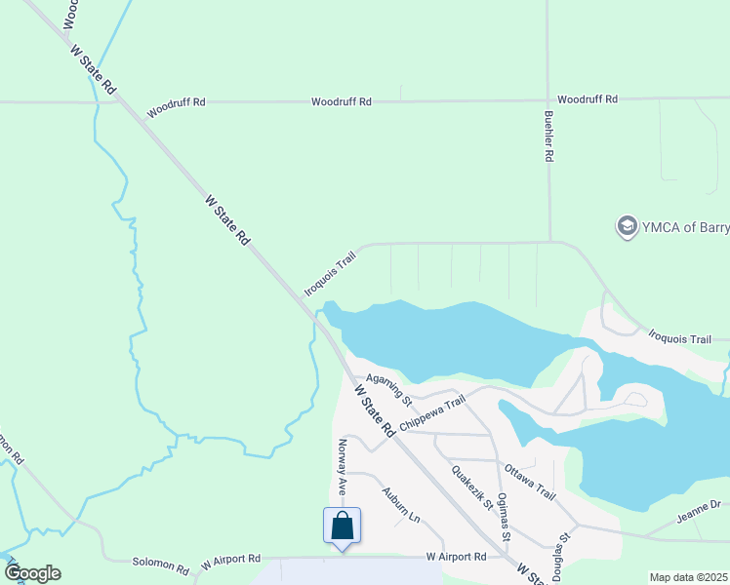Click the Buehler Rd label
(x=549, y=136)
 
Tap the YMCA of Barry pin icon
(x=627, y=227)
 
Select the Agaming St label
(x=389, y=388)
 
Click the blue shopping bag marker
(x=343, y=526)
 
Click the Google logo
(x=32, y=573)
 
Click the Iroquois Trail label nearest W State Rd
(x=330, y=272)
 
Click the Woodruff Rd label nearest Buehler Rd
(x=588, y=99)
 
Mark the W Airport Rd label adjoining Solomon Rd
(x=231, y=561)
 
